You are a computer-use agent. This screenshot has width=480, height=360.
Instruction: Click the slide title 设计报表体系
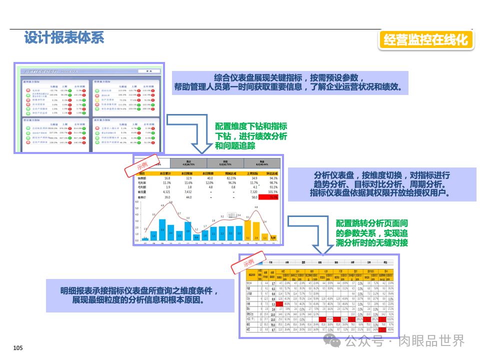tap(64, 37)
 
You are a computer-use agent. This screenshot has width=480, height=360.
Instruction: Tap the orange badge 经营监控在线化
tap(426, 40)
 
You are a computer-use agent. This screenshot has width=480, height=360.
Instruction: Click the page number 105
tap(18, 348)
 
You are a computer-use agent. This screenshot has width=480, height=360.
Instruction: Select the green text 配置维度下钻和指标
tap(251, 126)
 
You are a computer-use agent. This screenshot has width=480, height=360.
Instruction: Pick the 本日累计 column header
tap(165, 172)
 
